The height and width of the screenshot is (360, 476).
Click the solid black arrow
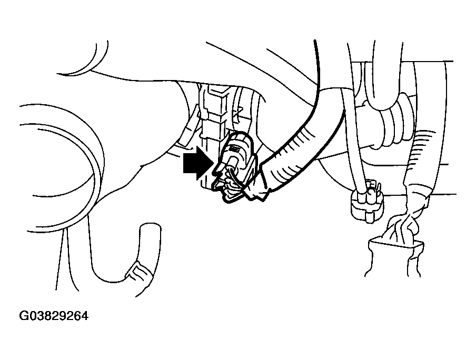(197, 163)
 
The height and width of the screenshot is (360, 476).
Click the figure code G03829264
(54, 316)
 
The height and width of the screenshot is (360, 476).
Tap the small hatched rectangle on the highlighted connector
(235, 148)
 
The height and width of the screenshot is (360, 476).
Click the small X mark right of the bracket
(239, 114)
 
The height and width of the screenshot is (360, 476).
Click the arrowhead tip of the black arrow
(213, 163)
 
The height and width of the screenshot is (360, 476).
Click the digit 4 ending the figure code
(85, 316)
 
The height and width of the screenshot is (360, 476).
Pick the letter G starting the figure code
(23, 316)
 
